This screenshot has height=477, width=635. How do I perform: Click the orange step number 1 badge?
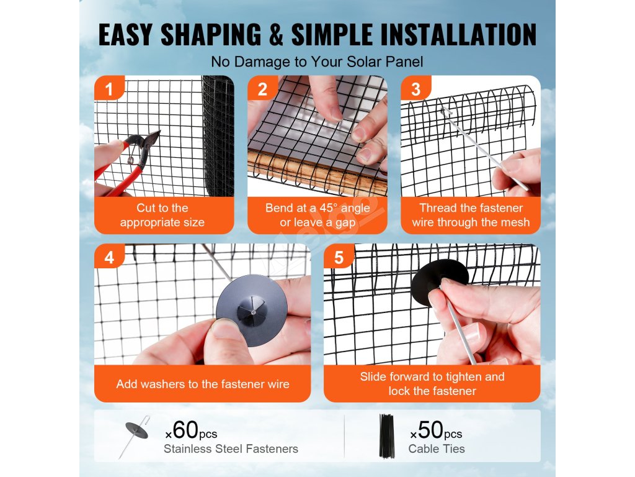click(x=109, y=88)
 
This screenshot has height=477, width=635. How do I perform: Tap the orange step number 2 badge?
click(x=262, y=88)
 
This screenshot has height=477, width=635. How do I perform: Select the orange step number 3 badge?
click(x=415, y=88)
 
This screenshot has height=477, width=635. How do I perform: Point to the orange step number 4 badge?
click(x=109, y=257)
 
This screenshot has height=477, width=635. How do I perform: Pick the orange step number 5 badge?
click(x=339, y=257)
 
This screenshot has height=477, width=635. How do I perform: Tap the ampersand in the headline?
click(x=276, y=35)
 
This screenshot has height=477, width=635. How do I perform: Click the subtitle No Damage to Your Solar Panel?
click(x=317, y=62)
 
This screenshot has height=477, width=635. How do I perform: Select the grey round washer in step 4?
click(x=252, y=311)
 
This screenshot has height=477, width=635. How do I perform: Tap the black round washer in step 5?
click(x=440, y=283)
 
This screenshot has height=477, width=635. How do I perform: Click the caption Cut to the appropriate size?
click(x=162, y=215)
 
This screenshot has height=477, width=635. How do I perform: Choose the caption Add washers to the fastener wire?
click(x=203, y=384)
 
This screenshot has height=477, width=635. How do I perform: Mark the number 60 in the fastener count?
click(x=185, y=430)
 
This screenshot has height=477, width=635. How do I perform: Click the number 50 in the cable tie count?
click(x=430, y=430)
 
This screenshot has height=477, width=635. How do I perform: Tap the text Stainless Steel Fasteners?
click(x=231, y=449)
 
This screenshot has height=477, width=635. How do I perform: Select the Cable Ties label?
click(x=437, y=449)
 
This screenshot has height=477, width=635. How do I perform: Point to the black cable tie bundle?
click(x=387, y=436)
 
